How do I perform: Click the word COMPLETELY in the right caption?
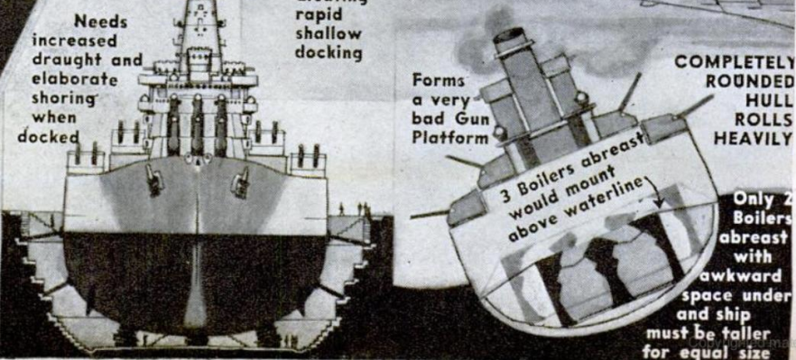pos(734,64)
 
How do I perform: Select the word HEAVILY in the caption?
pos(753,138)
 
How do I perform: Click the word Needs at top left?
pos(99,20)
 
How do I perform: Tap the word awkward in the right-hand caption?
pos(754,275)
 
